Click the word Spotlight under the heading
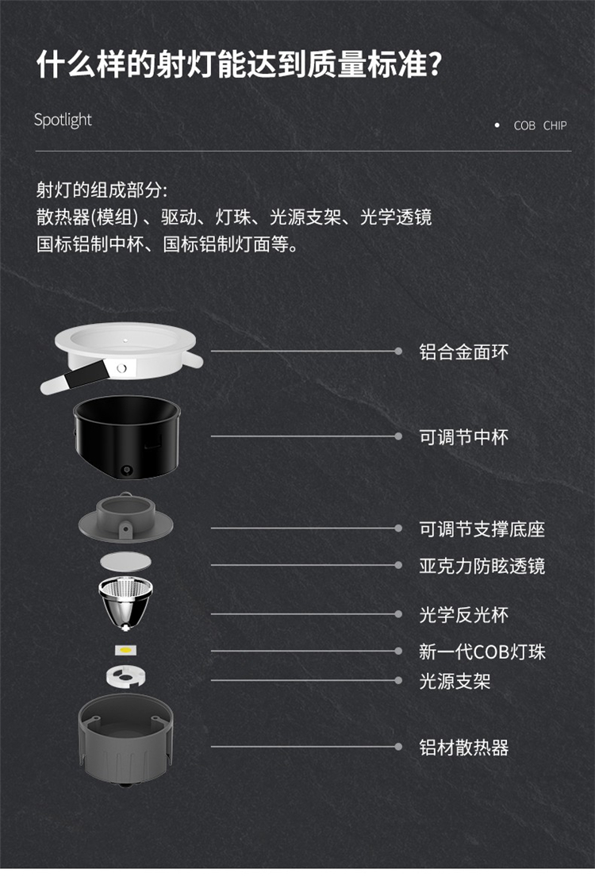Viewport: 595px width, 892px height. pyautogui.click(x=63, y=120)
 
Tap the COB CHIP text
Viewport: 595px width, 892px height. pyautogui.click(x=539, y=125)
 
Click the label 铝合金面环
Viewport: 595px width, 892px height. pyautogui.click(x=463, y=352)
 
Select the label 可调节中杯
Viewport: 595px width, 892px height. pyautogui.click(x=463, y=437)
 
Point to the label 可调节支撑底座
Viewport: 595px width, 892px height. pyautogui.click(x=482, y=529)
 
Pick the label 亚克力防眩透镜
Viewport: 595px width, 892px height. pyautogui.click(x=482, y=566)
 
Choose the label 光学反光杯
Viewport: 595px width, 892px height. pyautogui.click(x=463, y=615)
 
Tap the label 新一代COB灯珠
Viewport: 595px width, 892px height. pyautogui.click(x=482, y=652)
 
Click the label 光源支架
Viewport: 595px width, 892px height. pyautogui.click(x=455, y=681)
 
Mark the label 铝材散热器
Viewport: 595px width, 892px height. pyautogui.click(x=463, y=748)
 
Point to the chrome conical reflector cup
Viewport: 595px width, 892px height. pyautogui.click(x=125, y=603)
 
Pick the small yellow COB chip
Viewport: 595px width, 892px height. pyautogui.click(x=125, y=650)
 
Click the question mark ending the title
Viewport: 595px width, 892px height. pyautogui.click(x=436, y=63)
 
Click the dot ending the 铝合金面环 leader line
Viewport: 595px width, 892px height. pyautogui.click(x=399, y=351)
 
